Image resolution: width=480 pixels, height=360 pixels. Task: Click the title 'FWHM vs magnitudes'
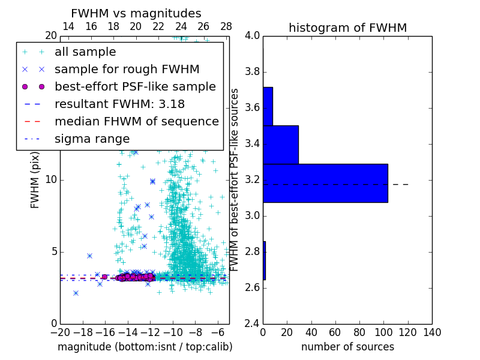[x=136, y=14]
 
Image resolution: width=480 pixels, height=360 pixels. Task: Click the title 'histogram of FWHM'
[x=347, y=28]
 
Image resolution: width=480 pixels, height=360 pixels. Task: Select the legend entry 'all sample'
[x=85, y=52]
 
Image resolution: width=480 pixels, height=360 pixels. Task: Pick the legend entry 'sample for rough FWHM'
[x=127, y=69]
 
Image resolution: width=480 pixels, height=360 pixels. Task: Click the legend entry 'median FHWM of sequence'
[x=136, y=121]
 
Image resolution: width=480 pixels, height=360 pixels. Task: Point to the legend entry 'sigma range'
[x=92, y=139]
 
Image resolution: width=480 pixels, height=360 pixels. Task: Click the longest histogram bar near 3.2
[x=325, y=183]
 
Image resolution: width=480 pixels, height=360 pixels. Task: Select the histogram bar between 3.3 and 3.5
[x=280, y=145]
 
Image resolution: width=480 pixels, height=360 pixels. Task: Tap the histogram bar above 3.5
[x=268, y=106]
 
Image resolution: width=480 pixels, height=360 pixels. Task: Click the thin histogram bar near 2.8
[x=264, y=260]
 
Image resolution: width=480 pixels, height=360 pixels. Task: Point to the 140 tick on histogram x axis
[x=432, y=332]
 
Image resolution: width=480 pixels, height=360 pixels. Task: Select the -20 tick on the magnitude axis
[x=60, y=332]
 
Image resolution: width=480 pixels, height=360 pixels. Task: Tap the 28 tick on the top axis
[x=226, y=26]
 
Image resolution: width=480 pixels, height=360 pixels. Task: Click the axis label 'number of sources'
[x=347, y=347]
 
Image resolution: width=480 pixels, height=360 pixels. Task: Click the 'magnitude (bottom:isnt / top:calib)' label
[x=145, y=347]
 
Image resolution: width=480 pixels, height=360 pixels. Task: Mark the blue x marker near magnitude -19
[x=76, y=293]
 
